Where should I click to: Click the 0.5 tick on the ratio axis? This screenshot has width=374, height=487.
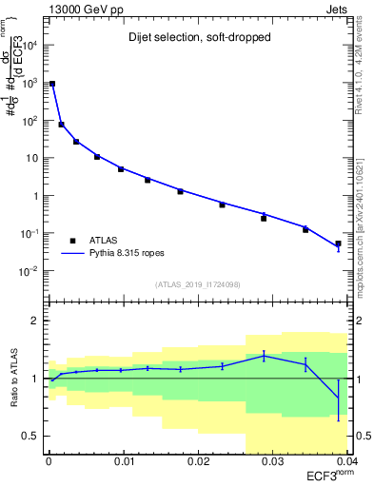pos(35,436)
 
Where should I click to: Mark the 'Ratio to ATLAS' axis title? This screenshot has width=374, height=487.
pos(13,379)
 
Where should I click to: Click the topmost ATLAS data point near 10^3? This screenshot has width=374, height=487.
pos(52,84)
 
